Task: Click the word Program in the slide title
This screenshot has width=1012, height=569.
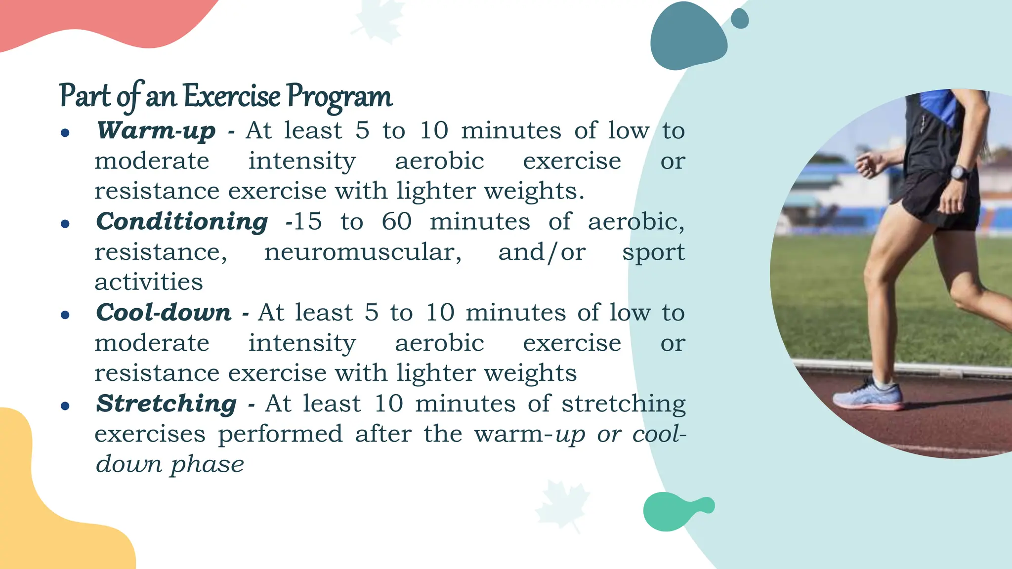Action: point(339,96)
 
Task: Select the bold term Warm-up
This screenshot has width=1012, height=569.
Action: point(156,131)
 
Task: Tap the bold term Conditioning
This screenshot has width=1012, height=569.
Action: point(182,222)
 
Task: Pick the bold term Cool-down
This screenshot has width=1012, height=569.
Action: point(164,313)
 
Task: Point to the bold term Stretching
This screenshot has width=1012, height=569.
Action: point(166,404)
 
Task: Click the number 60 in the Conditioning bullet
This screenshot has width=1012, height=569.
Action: point(396,222)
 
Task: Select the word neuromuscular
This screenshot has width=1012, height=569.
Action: point(363,252)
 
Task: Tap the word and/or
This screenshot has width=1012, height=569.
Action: point(542,252)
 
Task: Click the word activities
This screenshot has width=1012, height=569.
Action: point(149,283)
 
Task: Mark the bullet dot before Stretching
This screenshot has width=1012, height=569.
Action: point(65,406)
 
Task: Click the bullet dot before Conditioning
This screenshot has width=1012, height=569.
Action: point(65,224)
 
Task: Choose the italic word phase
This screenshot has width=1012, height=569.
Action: point(208,465)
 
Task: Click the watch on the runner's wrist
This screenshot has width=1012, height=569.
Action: point(959,173)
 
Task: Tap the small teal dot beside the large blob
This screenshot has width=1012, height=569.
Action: point(739,19)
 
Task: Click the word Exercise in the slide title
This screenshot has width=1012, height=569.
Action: point(232,96)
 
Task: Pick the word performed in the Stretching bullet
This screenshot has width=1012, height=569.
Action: point(280,435)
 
